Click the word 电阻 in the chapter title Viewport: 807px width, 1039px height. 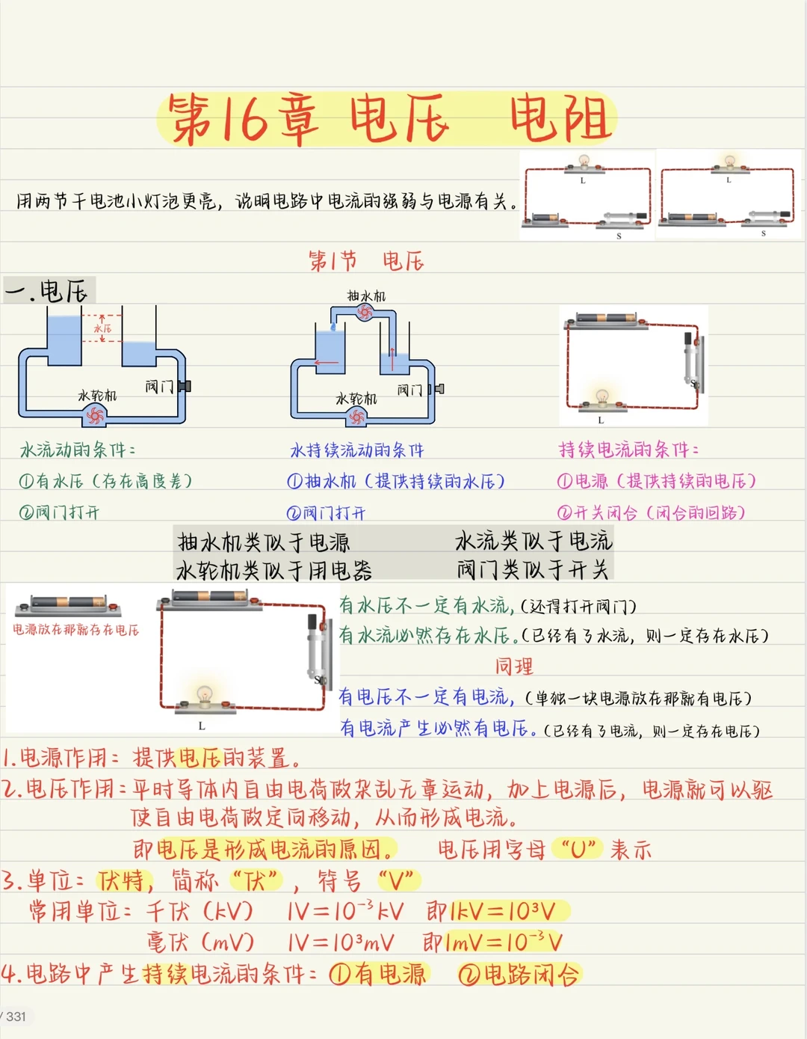560,118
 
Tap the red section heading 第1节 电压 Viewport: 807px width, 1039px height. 366,261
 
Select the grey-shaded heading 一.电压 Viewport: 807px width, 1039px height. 49,290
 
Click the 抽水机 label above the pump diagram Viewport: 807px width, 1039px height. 366,296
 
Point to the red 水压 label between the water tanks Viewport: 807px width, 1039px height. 102,328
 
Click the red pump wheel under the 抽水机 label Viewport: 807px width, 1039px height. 365,313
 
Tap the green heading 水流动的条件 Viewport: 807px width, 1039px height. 78,450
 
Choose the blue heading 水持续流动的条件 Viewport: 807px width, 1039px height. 357,450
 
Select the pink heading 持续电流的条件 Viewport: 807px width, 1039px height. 629,450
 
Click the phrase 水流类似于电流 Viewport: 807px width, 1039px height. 534,540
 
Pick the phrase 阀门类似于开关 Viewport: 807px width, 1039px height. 533,569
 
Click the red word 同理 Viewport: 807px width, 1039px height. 514,666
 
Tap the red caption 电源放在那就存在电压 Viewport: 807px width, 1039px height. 75,629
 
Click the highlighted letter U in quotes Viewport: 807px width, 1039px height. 578,849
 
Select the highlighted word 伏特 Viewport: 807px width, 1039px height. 125,880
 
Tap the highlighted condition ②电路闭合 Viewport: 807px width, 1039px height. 519,975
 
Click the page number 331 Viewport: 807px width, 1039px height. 16,1017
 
